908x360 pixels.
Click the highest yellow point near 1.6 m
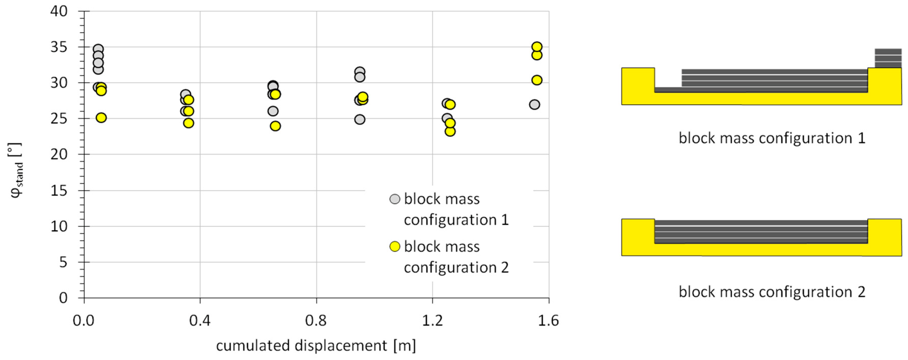[536, 47]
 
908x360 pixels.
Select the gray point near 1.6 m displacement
[534, 105]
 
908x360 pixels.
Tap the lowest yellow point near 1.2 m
[450, 131]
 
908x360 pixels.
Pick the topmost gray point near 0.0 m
[98, 49]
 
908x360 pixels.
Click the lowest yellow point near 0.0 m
[101, 118]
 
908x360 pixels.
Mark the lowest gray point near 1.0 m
[359, 119]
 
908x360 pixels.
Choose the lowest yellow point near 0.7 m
[275, 126]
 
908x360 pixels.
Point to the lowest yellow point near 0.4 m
[189, 123]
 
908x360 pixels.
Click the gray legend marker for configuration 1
[395, 199]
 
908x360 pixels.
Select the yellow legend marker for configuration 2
[395, 246]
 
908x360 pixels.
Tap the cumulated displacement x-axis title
[316, 346]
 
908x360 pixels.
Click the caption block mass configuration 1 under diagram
[772, 138]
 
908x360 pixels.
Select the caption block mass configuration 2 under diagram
[772, 292]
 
